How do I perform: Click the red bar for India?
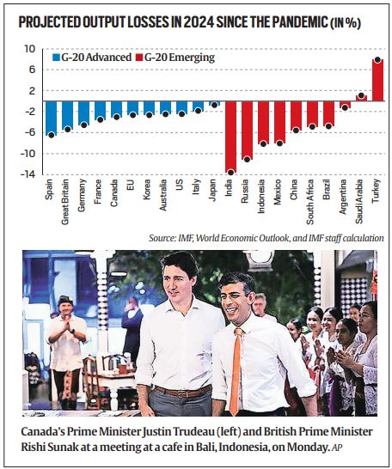tap(230, 137)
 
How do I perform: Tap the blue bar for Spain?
tap(51, 118)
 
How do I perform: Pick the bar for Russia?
tap(246, 130)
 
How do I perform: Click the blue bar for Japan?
tap(214, 103)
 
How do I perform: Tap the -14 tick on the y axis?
tap(28, 174)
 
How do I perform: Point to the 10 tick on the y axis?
tap(30, 49)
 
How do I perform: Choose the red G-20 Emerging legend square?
tap(141, 58)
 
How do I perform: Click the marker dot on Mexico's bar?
tap(279, 143)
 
